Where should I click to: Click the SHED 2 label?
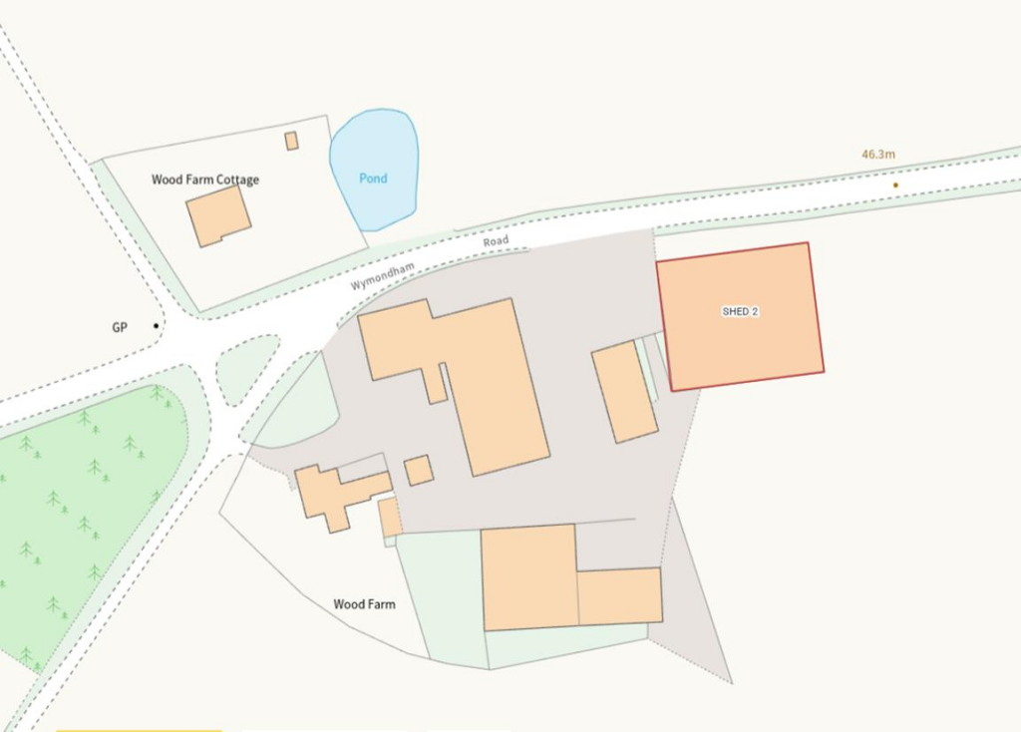tap(741, 312)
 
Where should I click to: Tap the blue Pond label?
tap(373, 179)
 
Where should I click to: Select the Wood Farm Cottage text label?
tap(205, 181)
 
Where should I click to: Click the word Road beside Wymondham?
tap(496, 242)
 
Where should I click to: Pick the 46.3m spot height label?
tap(878, 155)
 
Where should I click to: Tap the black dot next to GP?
tap(156, 325)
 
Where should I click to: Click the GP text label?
tap(121, 326)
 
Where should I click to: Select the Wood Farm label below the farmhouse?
tap(364, 604)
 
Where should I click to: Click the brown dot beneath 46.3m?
tap(895, 184)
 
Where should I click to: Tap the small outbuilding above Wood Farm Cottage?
tap(291, 141)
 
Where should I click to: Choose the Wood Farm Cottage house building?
tap(218, 215)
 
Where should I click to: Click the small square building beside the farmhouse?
tap(419, 470)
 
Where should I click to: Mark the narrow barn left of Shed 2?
tap(624, 391)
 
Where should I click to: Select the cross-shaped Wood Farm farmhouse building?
tap(337, 495)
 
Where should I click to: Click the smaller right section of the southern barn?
tap(619, 595)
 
